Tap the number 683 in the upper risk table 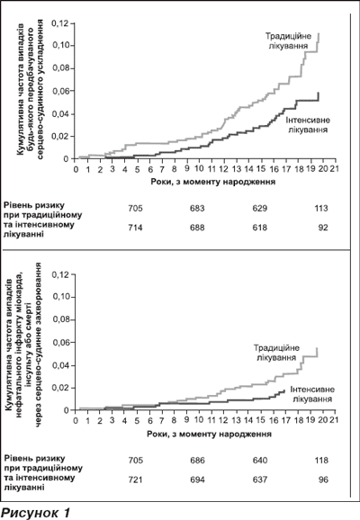click(x=197, y=208)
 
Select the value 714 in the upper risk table click(x=135, y=228)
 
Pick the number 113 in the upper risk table click(x=321, y=208)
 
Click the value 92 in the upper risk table click(x=323, y=228)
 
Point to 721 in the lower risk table click(x=135, y=480)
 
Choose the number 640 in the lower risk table click(x=259, y=461)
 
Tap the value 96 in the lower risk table click(x=323, y=480)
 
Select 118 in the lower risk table click(x=321, y=461)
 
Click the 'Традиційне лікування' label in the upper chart click(x=288, y=40)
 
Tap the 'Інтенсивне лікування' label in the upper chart click(x=308, y=125)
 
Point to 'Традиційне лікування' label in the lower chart click(x=276, y=353)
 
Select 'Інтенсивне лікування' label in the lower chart click(x=312, y=394)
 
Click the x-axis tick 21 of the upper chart click(x=335, y=169)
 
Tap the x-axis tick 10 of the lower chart click(x=199, y=420)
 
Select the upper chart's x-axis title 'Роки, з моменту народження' click(x=213, y=182)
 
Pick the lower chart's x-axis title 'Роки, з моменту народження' click(x=210, y=434)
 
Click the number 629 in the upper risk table click(x=259, y=208)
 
